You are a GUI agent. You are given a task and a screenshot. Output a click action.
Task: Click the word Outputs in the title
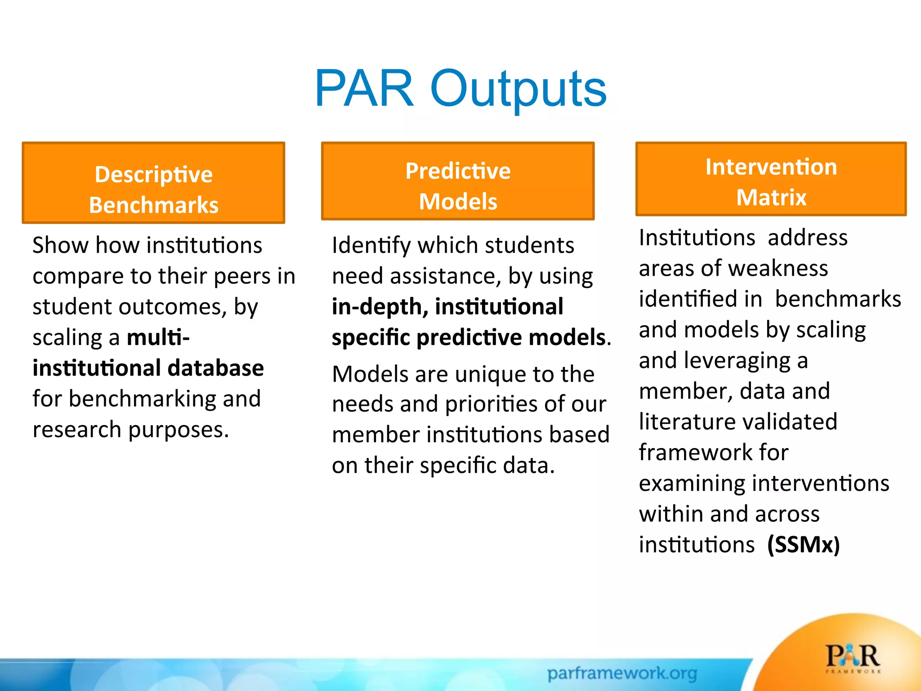pyautogui.click(x=518, y=89)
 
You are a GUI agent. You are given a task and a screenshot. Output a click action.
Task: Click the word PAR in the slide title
pyautogui.click(x=364, y=89)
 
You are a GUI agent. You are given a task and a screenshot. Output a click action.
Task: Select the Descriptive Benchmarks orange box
pyautogui.click(x=153, y=183)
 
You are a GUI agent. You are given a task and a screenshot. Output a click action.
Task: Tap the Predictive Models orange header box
pyautogui.click(x=458, y=181)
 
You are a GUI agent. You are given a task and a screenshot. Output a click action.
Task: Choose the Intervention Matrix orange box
pyautogui.click(x=771, y=179)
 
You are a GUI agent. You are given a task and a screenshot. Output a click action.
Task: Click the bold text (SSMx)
pyautogui.click(x=803, y=545)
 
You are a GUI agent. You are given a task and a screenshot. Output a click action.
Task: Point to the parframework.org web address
pyautogui.click(x=622, y=673)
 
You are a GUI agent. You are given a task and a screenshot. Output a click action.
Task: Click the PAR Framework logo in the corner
pyautogui.click(x=853, y=658)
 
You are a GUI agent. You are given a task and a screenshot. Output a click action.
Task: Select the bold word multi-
pyautogui.click(x=158, y=337)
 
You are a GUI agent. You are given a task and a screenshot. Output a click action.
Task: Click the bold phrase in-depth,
pyautogui.click(x=380, y=307)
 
